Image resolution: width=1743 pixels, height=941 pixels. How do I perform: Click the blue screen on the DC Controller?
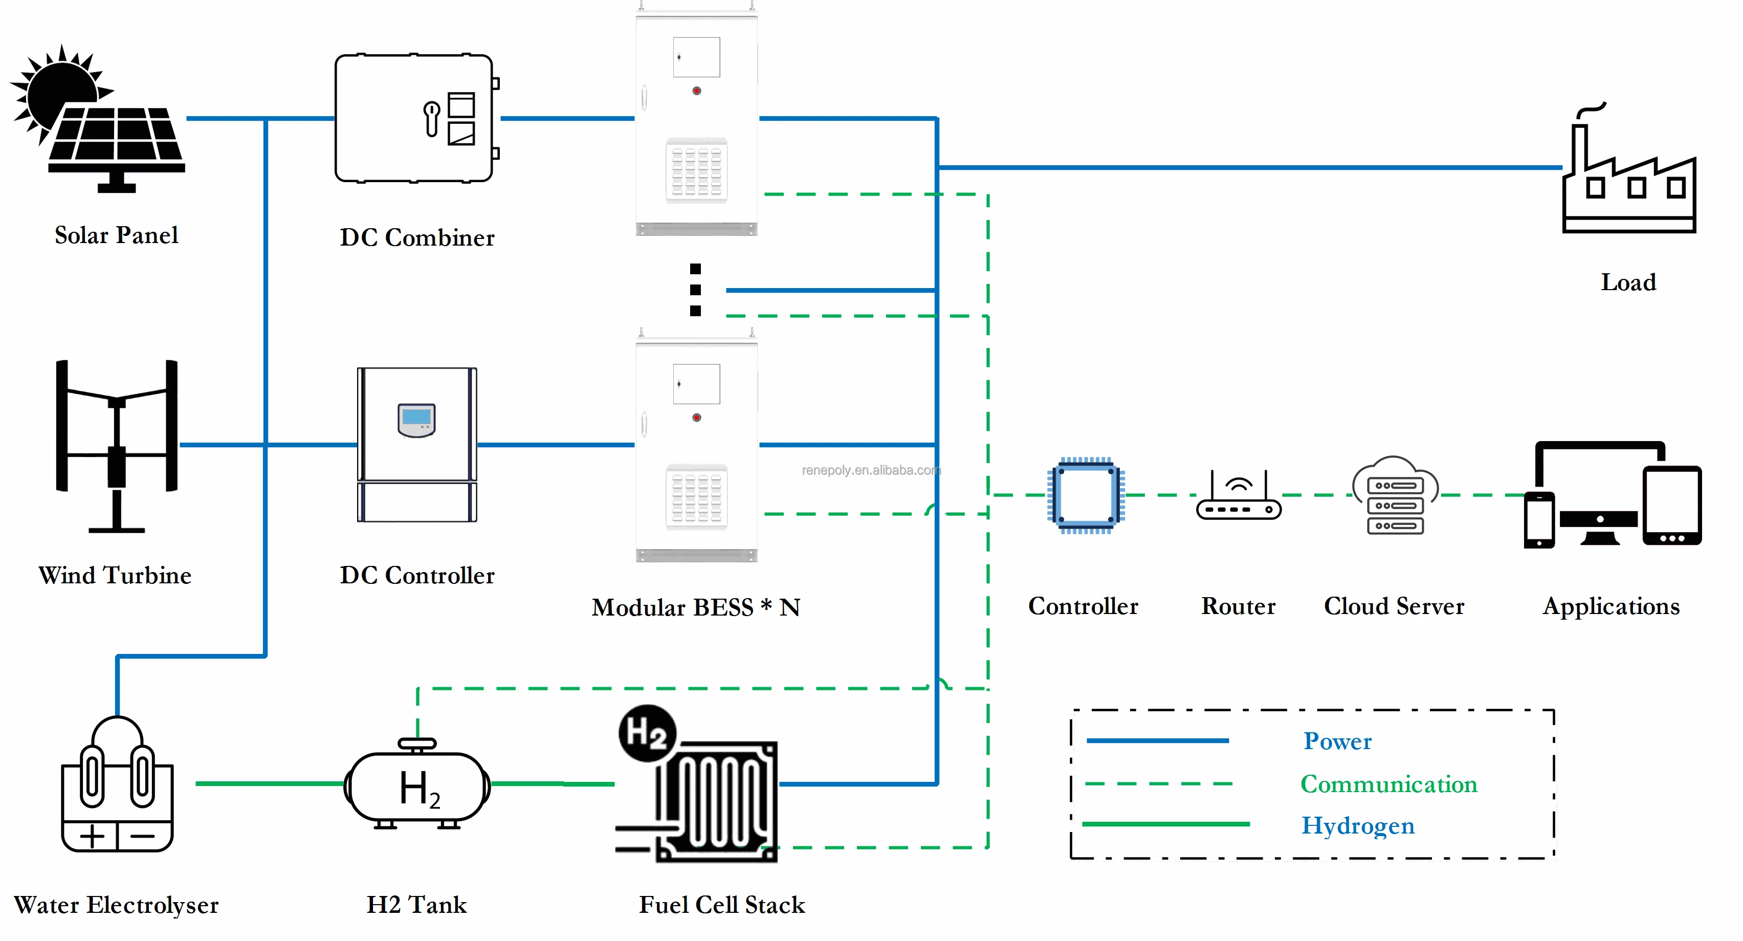coord(416,417)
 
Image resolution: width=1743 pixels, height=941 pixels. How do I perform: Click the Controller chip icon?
coord(1085,495)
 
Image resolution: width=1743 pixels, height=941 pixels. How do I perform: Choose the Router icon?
coord(1238,497)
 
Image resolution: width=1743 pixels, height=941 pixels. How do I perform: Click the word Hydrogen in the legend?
coord(1357,825)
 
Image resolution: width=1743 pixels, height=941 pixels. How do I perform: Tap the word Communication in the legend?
coord(1388,784)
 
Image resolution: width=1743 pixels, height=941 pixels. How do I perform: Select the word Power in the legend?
coord(1337,741)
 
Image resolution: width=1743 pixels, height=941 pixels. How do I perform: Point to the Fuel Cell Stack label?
coord(722,905)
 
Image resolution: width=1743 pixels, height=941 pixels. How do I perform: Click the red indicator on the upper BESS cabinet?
coord(696,91)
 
